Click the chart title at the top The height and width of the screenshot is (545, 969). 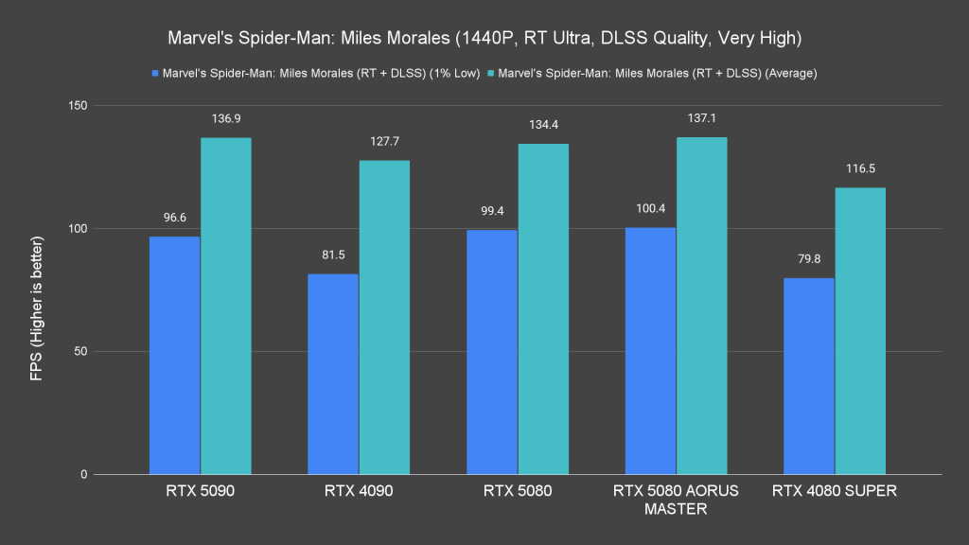[x=484, y=39]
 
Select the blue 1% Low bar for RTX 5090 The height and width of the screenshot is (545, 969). [x=174, y=356]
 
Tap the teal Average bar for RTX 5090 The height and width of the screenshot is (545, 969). [x=225, y=307]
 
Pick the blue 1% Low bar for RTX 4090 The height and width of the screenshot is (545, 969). [x=333, y=375]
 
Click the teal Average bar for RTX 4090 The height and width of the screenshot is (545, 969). [x=384, y=318]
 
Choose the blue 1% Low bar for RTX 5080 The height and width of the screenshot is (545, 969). [x=492, y=352]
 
